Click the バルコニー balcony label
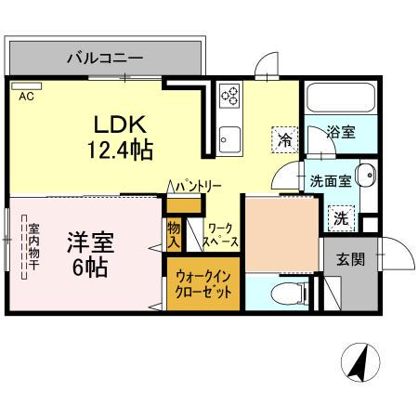(x=104, y=59)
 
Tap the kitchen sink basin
(x=229, y=142)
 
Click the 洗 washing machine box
(x=342, y=219)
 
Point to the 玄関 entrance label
(x=350, y=259)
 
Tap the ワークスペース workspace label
(x=223, y=234)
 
